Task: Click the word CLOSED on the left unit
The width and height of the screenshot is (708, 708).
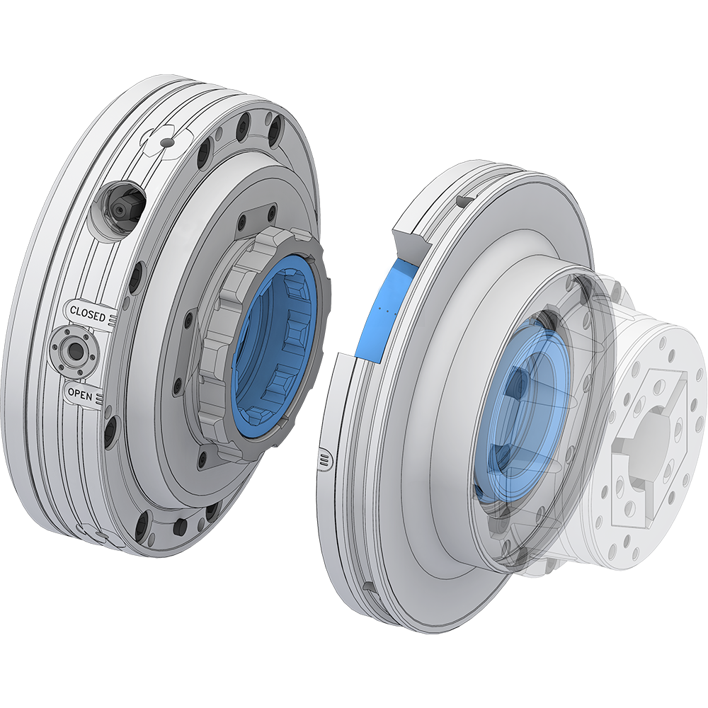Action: point(87,312)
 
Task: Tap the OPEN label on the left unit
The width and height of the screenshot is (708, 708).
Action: point(80,395)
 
